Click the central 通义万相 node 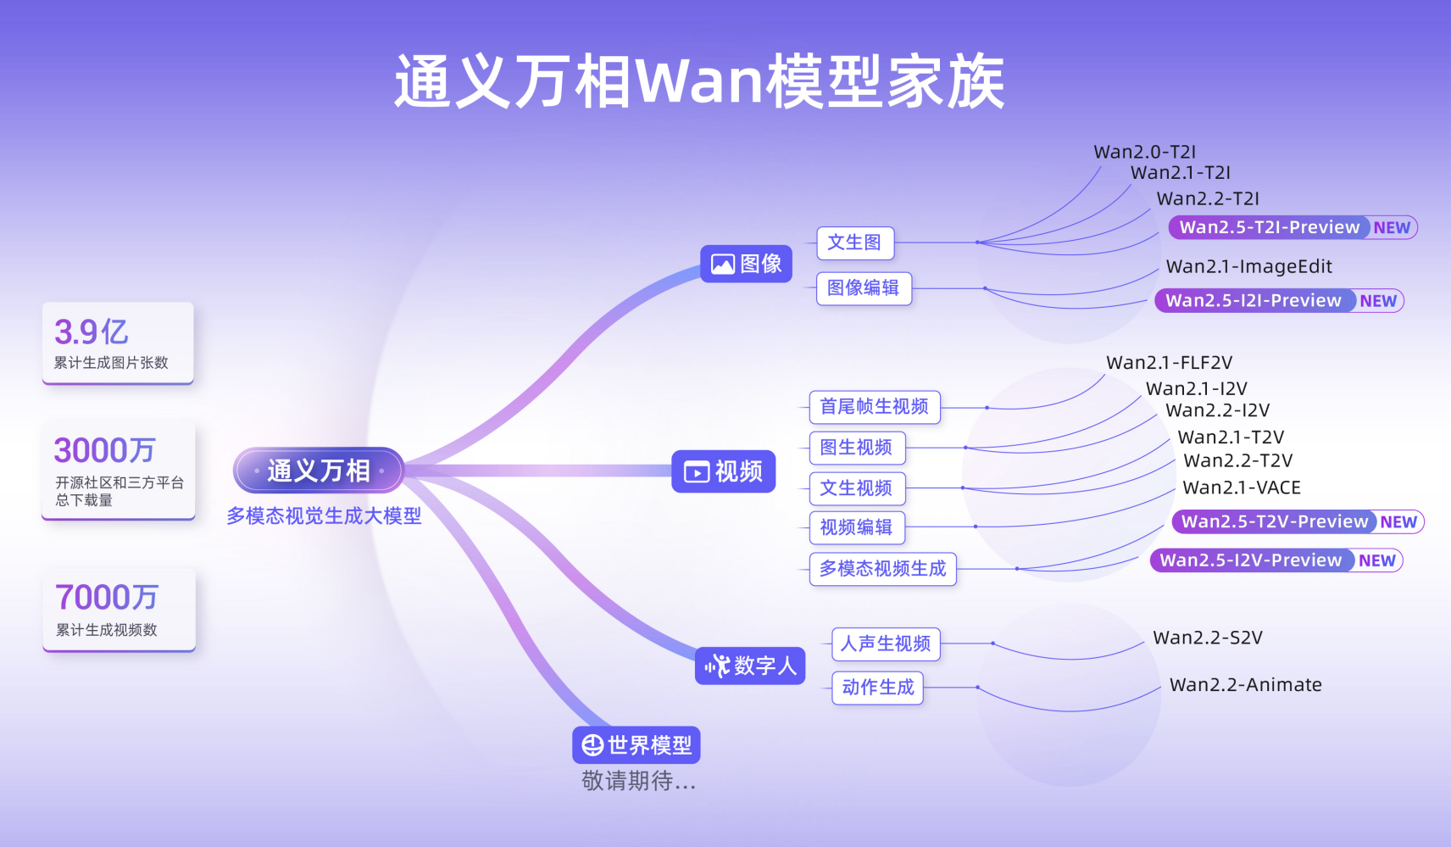point(319,471)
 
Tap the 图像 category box point(746,264)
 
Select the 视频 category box point(724,471)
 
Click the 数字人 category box point(750,666)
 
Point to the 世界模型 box point(637,745)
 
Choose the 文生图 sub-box point(854,242)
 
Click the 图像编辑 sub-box point(863,288)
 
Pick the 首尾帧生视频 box point(874,407)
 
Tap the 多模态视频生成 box point(882,568)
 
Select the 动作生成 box point(877,688)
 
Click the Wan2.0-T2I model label point(1144,152)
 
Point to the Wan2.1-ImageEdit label point(1248,266)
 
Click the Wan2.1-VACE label point(1241,488)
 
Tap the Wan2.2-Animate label point(1245,684)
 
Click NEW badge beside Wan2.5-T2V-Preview point(1398,522)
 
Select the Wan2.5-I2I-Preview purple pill point(1253,300)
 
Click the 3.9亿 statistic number point(91,332)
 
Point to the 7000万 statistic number point(106,598)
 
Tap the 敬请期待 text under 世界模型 point(638,781)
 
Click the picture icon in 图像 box point(722,265)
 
